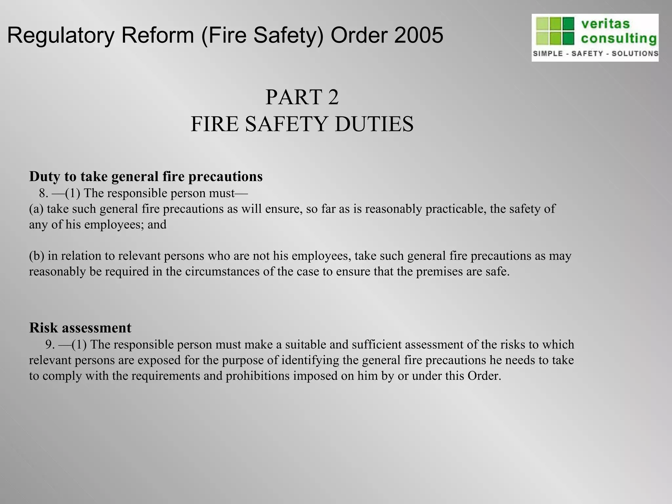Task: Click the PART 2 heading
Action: tap(302, 97)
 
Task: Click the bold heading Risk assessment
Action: tap(80, 327)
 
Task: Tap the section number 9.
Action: tap(50, 344)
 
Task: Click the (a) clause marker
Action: tap(36, 209)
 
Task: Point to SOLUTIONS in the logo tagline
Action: tap(635, 53)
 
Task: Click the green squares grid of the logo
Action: tap(555, 31)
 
